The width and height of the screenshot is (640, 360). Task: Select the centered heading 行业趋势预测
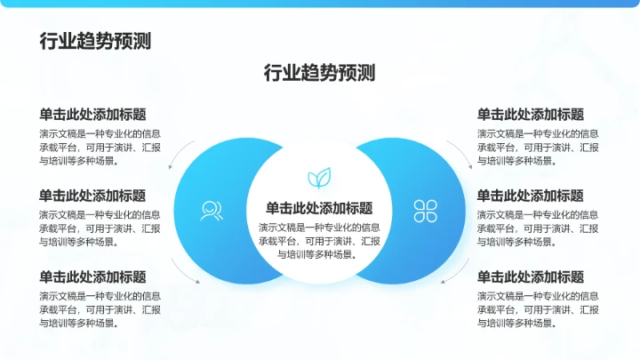tap(319, 73)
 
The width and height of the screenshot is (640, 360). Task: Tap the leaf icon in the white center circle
tap(319, 177)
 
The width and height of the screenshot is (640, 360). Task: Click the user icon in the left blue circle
tap(211, 211)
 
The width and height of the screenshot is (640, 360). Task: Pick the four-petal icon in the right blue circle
tap(425, 211)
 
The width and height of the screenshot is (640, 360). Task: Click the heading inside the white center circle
tap(319, 208)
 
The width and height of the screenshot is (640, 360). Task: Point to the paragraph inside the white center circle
tap(319, 240)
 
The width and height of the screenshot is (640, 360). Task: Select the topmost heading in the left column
tap(92, 115)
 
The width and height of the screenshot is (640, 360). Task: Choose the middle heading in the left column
tap(92, 196)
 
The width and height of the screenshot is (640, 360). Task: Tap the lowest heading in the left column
tap(92, 276)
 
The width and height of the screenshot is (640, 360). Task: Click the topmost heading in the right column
tap(531, 115)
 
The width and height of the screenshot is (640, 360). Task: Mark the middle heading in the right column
tap(531, 196)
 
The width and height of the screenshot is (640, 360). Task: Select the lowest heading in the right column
tap(531, 276)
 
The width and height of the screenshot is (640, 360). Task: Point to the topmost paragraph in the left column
tap(100, 147)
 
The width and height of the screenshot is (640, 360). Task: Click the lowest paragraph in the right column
tap(538, 308)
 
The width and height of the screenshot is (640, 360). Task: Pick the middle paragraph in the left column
tap(100, 228)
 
